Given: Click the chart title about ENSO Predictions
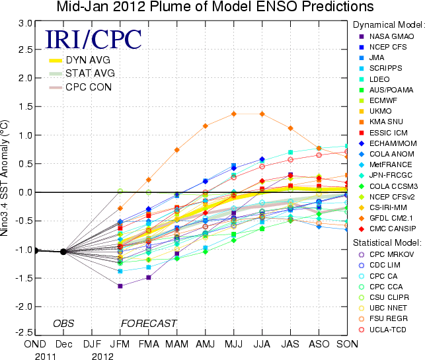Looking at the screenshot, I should coord(214,7).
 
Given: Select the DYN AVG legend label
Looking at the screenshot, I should coord(87,60).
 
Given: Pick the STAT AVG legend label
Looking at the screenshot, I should coord(88,73).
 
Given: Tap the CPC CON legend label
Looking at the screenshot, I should coord(88,87).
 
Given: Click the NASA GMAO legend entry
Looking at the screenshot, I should coord(392,35).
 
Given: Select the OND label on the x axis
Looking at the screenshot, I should coord(36,343).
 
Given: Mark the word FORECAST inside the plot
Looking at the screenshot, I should coord(148,323).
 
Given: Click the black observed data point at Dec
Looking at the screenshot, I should coord(63,251).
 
